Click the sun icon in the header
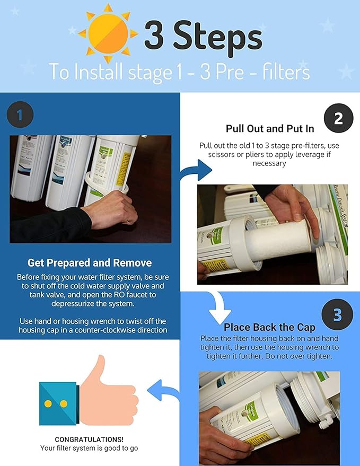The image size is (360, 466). [x=108, y=33]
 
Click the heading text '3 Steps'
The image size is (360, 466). [x=203, y=37]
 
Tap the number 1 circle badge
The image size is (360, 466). [x=20, y=115]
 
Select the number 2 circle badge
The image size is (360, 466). [x=339, y=118]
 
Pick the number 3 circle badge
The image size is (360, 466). [x=337, y=314]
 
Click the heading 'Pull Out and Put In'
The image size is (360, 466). [x=269, y=129]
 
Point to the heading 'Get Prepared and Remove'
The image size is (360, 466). [x=90, y=263]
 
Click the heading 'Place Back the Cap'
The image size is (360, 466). [x=269, y=327]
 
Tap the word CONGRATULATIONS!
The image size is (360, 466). [x=89, y=439]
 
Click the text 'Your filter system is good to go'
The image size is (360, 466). [x=89, y=448]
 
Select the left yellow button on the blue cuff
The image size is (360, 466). [x=48, y=404]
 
